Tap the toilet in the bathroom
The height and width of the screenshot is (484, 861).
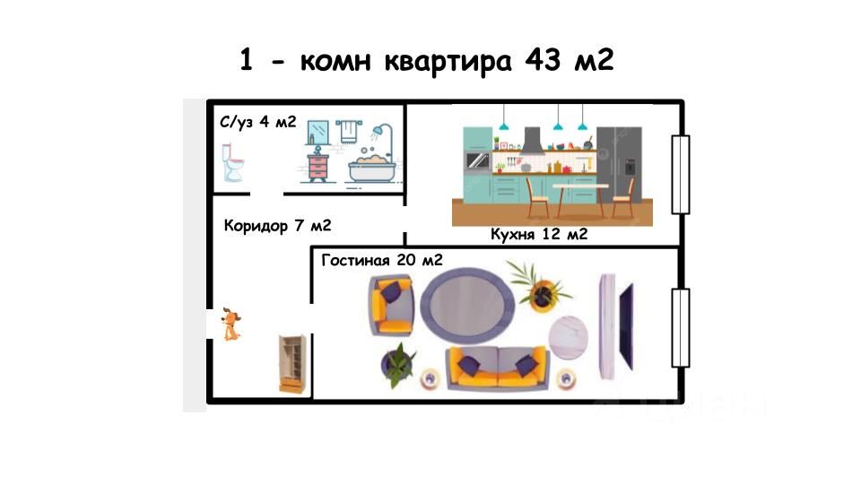(x=233, y=164)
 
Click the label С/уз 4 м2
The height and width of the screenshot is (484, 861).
(x=258, y=122)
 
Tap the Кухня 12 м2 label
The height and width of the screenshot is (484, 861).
(x=538, y=235)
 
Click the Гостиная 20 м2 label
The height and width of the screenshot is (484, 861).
(x=381, y=260)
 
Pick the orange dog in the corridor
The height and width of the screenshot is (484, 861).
(x=230, y=324)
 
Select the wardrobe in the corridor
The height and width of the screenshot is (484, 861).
(x=291, y=363)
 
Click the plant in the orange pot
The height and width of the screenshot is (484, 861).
(x=543, y=290)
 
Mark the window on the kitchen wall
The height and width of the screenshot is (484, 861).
(x=681, y=175)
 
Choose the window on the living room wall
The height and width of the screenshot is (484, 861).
(x=681, y=328)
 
